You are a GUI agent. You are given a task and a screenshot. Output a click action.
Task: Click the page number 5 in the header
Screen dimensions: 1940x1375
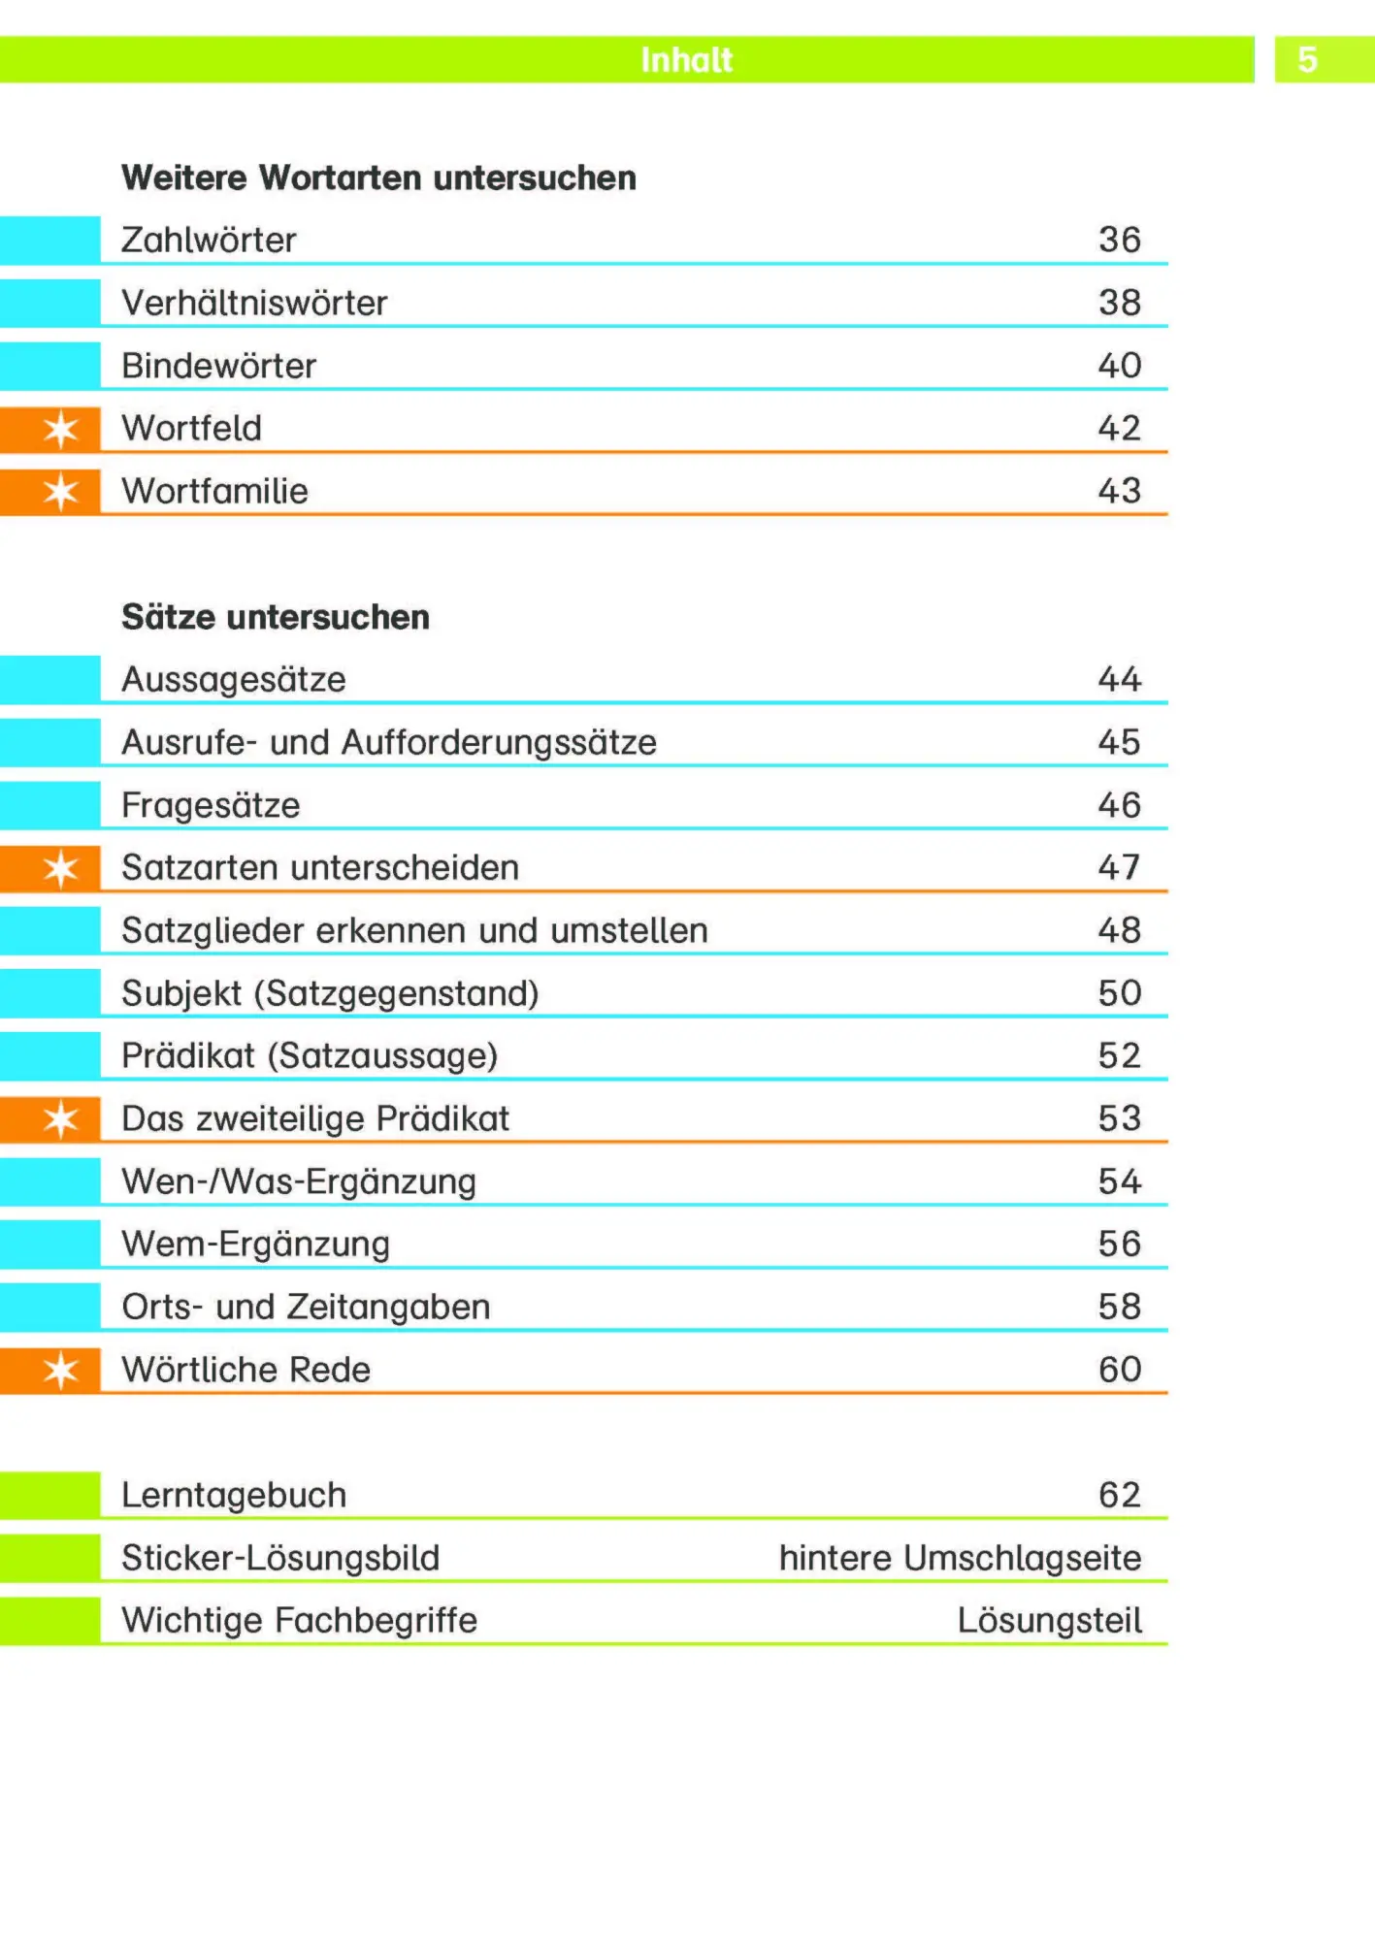(1307, 60)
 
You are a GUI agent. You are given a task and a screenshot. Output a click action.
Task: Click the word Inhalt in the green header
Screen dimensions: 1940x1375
(686, 60)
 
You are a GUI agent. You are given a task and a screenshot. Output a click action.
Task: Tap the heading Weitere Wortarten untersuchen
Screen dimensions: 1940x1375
(378, 178)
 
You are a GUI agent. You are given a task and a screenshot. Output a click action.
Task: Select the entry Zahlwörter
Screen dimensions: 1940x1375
(209, 241)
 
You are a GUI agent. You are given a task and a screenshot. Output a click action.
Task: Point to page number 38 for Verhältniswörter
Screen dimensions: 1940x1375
(1119, 303)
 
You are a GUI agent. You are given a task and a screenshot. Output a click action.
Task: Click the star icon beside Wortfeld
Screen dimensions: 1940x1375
(61, 429)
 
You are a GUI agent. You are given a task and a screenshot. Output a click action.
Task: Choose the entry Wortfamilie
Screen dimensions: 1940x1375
(214, 491)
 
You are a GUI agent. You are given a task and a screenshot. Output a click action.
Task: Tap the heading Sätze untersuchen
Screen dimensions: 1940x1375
(276, 617)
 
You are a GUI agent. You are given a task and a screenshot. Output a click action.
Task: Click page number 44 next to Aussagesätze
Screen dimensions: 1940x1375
(1119, 679)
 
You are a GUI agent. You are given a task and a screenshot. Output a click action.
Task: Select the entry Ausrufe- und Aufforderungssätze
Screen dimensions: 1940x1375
(389, 742)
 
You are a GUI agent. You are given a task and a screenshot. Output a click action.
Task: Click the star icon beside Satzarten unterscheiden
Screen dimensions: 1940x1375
(61, 869)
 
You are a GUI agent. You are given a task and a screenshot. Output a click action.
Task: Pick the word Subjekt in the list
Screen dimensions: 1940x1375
(181, 993)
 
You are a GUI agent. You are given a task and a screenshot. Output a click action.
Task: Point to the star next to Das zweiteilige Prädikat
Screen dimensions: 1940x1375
(61, 1119)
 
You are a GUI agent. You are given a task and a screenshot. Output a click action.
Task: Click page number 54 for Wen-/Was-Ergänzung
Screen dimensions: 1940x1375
(1119, 1181)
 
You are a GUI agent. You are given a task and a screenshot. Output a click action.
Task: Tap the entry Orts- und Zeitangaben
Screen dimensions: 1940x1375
(306, 1307)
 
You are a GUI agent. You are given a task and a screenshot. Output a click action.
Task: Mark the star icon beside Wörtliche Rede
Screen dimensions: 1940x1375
(61, 1371)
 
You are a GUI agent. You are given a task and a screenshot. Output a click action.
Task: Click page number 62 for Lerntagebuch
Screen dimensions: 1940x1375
(1119, 1495)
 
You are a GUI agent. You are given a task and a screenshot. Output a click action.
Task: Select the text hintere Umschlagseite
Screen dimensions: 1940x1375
(960, 1558)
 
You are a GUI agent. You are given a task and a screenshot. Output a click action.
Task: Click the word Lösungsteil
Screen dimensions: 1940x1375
(1049, 1620)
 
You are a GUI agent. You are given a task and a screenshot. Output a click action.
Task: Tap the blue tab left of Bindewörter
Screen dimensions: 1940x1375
(49, 366)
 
